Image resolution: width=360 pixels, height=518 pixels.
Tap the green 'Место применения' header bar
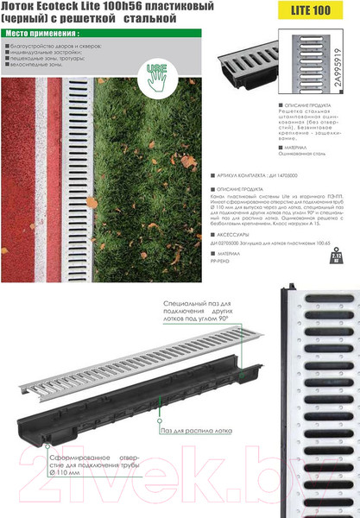click(x=52, y=34)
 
